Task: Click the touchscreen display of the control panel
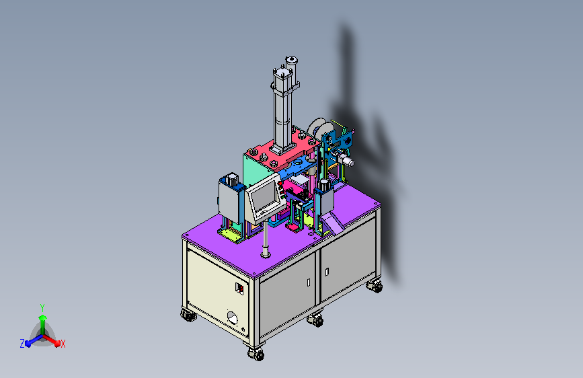point(264,197)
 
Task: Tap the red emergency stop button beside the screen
point(280,183)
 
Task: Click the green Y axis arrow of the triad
point(42,324)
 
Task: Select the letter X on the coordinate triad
point(63,344)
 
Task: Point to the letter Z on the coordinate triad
point(22,344)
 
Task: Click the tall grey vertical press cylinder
point(282,112)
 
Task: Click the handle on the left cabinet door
point(309,282)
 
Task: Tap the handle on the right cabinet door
point(327,272)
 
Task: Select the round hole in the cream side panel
point(233,318)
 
